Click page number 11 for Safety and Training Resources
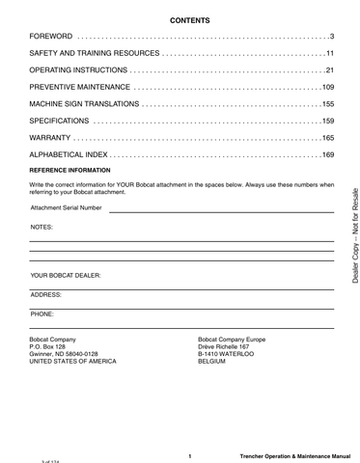coord(328,53)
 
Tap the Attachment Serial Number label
coord(66,207)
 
